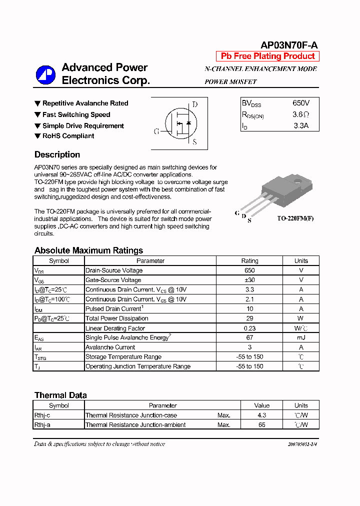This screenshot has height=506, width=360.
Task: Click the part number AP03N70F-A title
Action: (288, 44)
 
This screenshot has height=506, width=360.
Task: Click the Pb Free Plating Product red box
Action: (267, 56)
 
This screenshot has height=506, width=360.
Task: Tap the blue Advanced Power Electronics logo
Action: (45, 74)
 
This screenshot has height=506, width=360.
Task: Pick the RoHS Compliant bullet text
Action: (68, 136)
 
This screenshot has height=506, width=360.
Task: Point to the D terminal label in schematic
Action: (195, 104)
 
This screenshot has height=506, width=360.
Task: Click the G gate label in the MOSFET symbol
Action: (156, 131)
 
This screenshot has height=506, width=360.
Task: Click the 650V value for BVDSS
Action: (301, 103)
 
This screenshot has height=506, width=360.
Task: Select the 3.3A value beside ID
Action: (301, 126)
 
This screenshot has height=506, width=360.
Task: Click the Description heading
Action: (57, 154)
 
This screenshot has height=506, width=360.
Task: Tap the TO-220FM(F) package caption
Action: (295, 218)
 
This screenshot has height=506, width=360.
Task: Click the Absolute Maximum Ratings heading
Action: (88, 250)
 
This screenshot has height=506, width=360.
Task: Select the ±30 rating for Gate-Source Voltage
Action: (249, 280)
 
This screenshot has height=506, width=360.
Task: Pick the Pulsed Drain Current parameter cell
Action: (114, 309)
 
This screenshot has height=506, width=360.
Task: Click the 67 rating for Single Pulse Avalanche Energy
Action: (249, 337)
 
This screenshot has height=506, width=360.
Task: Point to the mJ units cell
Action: (301, 337)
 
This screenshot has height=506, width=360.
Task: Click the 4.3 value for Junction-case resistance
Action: (261, 415)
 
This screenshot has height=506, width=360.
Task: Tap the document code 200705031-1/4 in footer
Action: (302, 444)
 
